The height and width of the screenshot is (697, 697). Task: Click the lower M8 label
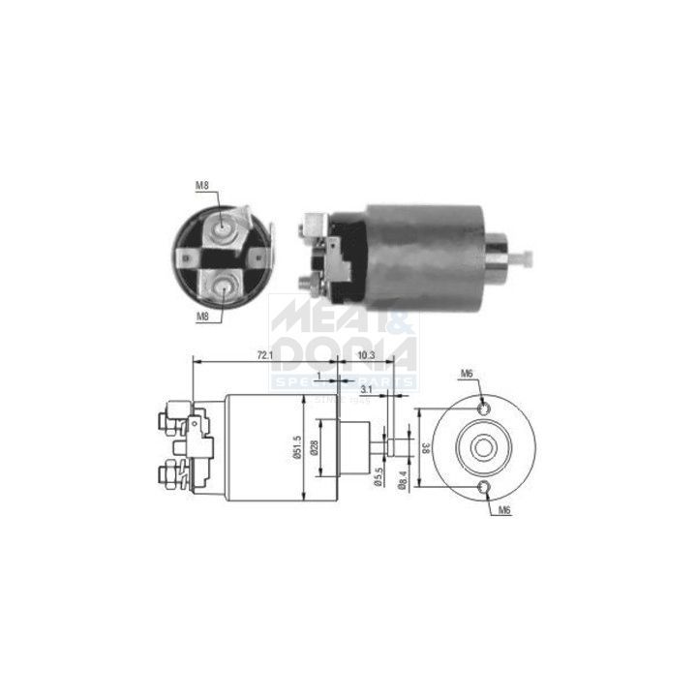[202, 317]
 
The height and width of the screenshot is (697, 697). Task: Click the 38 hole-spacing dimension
[425, 448]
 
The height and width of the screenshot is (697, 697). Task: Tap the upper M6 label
[467, 374]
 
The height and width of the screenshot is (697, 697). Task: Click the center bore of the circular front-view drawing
[484, 447]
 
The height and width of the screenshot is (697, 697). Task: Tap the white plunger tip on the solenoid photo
[527, 259]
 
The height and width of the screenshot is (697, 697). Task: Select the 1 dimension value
[318, 375]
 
